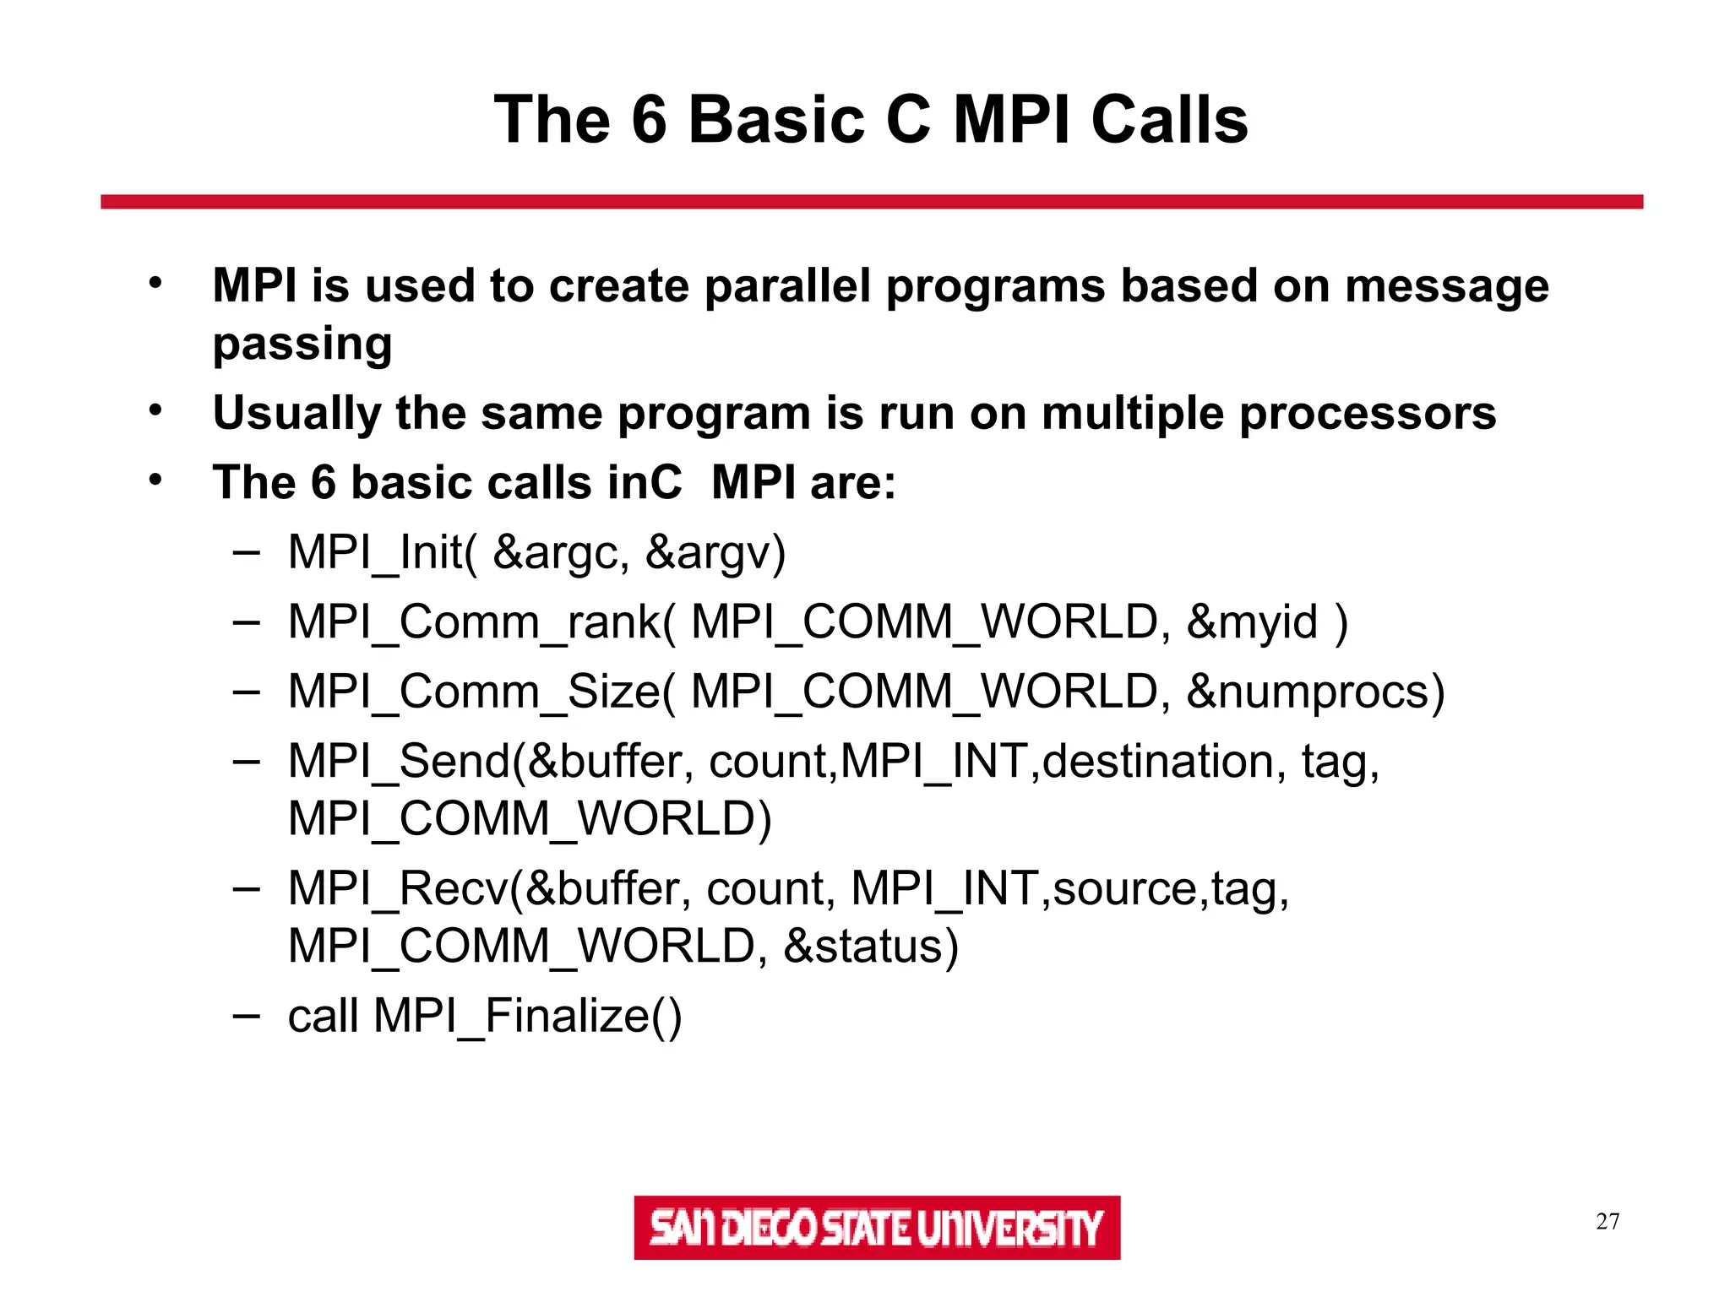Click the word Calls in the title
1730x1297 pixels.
pyautogui.click(x=1169, y=120)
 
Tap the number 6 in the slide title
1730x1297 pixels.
pyautogui.click(x=649, y=120)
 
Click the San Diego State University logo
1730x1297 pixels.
pyautogui.click(x=877, y=1227)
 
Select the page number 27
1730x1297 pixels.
pyautogui.click(x=1608, y=1221)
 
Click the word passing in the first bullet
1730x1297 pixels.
pyautogui.click(x=302, y=345)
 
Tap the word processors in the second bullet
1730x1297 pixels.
pyautogui.click(x=1368, y=414)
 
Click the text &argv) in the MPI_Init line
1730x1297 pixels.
pyautogui.click(x=715, y=553)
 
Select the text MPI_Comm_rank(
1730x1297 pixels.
pyautogui.click(x=481, y=623)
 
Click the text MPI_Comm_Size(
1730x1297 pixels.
pyautogui.click(x=481, y=692)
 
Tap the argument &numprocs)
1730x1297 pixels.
pyautogui.click(x=1315, y=692)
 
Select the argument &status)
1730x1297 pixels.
pyautogui.click(x=871, y=947)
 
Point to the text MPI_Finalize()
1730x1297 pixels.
pyautogui.click(x=527, y=1016)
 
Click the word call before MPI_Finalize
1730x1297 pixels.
pyautogui.click(x=323, y=1016)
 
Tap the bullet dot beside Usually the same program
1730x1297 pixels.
pyautogui.click(x=155, y=411)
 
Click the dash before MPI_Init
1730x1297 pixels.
pyautogui.click(x=246, y=553)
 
